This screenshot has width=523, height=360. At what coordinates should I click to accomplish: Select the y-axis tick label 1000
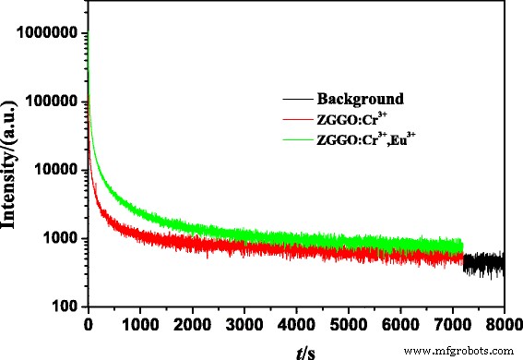point(57,238)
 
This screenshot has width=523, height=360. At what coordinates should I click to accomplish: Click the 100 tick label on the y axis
point(63,306)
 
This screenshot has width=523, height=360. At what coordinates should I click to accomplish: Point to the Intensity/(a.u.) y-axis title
point(14,171)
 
